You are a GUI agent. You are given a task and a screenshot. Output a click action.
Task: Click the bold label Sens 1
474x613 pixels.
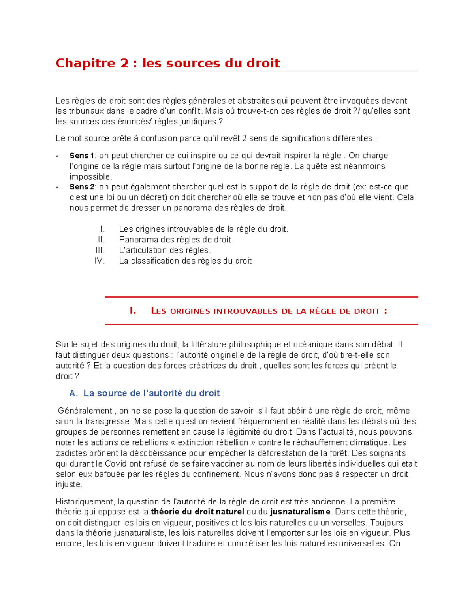(x=82, y=156)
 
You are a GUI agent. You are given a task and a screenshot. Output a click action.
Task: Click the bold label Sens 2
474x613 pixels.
(x=82, y=187)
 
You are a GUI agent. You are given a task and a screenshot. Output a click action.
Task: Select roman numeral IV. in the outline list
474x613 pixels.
(x=100, y=261)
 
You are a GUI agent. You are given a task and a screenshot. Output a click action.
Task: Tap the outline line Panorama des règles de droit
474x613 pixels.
(x=175, y=240)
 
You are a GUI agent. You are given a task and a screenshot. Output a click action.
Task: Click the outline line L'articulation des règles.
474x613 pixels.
(x=165, y=250)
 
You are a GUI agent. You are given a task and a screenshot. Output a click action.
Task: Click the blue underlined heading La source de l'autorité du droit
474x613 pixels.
(x=152, y=393)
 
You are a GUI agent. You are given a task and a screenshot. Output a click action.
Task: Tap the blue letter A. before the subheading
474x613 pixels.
(x=74, y=394)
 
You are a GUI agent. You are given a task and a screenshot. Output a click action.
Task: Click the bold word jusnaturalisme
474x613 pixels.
(x=300, y=512)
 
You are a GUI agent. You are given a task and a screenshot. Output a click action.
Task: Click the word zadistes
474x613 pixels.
(x=69, y=453)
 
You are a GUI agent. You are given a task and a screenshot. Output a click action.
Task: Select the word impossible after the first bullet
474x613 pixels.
(x=90, y=177)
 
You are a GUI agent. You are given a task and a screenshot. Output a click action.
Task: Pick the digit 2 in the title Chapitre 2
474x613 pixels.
(x=124, y=63)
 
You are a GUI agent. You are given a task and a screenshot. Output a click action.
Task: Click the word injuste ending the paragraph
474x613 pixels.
(x=68, y=484)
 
